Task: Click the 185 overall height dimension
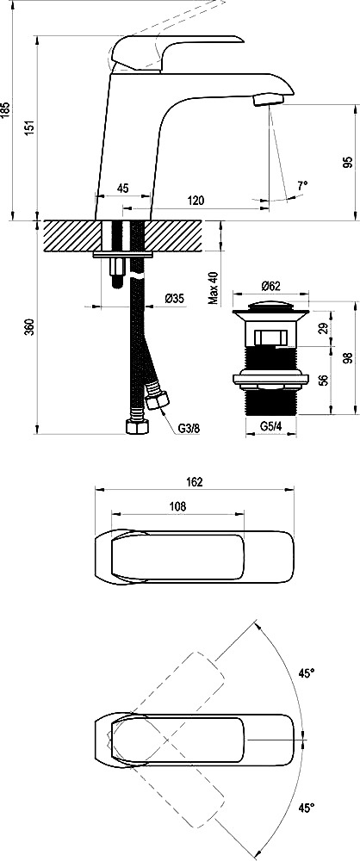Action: click(x=5, y=110)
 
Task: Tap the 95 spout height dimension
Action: click(x=347, y=163)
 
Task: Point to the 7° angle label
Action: click(x=302, y=186)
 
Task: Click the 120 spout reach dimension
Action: click(x=196, y=201)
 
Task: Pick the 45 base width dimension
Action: click(x=122, y=189)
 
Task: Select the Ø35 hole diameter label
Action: click(x=174, y=299)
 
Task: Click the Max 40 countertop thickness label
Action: click(x=214, y=288)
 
